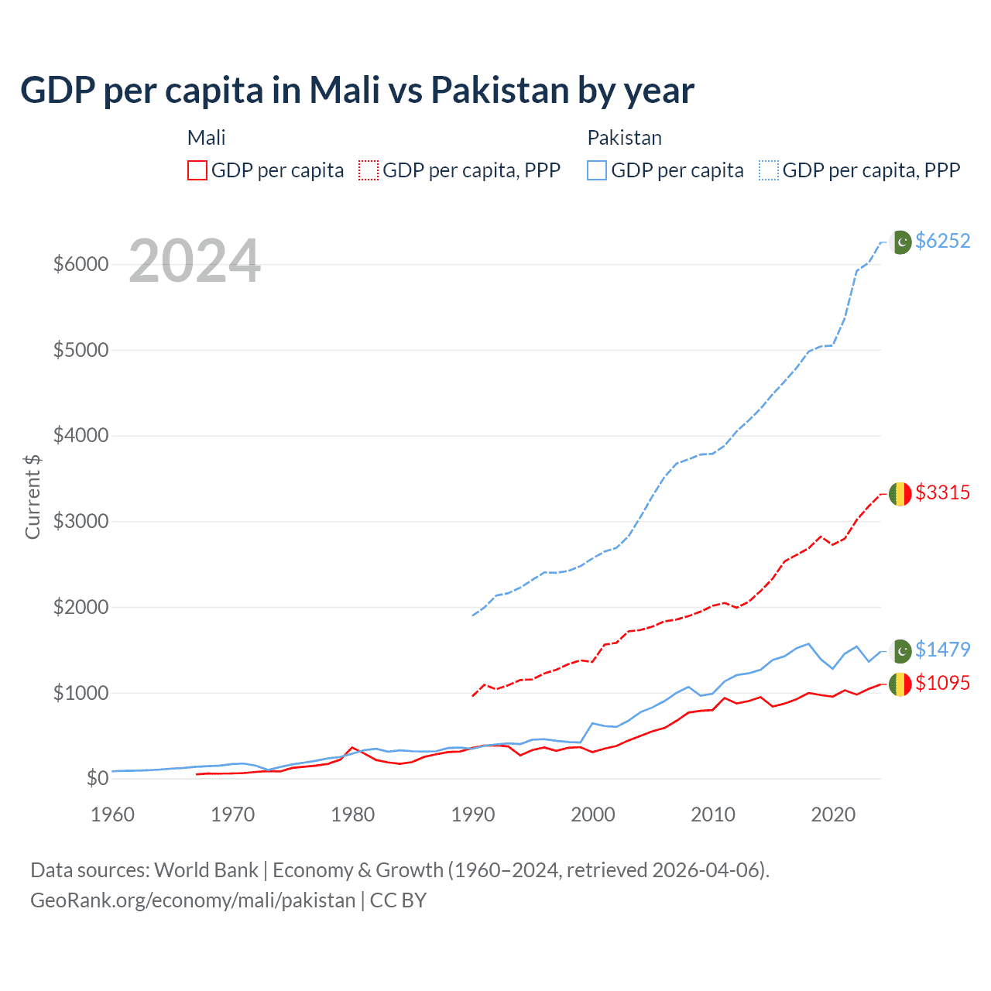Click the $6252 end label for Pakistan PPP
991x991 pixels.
pos(942,241)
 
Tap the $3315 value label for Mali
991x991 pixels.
pos(942,492)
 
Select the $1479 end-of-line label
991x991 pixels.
pos(942,650)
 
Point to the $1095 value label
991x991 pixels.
pos(942,683)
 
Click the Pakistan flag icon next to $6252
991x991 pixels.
pos(900,242)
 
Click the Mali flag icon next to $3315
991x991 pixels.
pos(900,493)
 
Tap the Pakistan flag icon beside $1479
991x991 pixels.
pos(900,650)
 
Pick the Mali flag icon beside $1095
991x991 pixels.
pos(900,684)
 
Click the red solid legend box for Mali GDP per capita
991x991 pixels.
pos(197,170)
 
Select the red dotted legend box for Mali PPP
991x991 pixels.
pos(369,170)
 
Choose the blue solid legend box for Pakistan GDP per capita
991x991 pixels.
pos(597,170)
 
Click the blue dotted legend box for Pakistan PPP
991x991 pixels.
pos(769,170)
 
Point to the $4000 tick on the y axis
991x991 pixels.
pos(81,436)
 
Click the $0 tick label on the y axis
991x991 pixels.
pos(97,778)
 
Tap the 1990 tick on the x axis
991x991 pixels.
pos(473,814)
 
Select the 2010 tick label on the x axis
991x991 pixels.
pos(713,814)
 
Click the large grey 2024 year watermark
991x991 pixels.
pos(194,261)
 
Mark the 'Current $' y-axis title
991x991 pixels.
pos(33,496)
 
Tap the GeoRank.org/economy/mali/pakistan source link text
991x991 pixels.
pos(193,900)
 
